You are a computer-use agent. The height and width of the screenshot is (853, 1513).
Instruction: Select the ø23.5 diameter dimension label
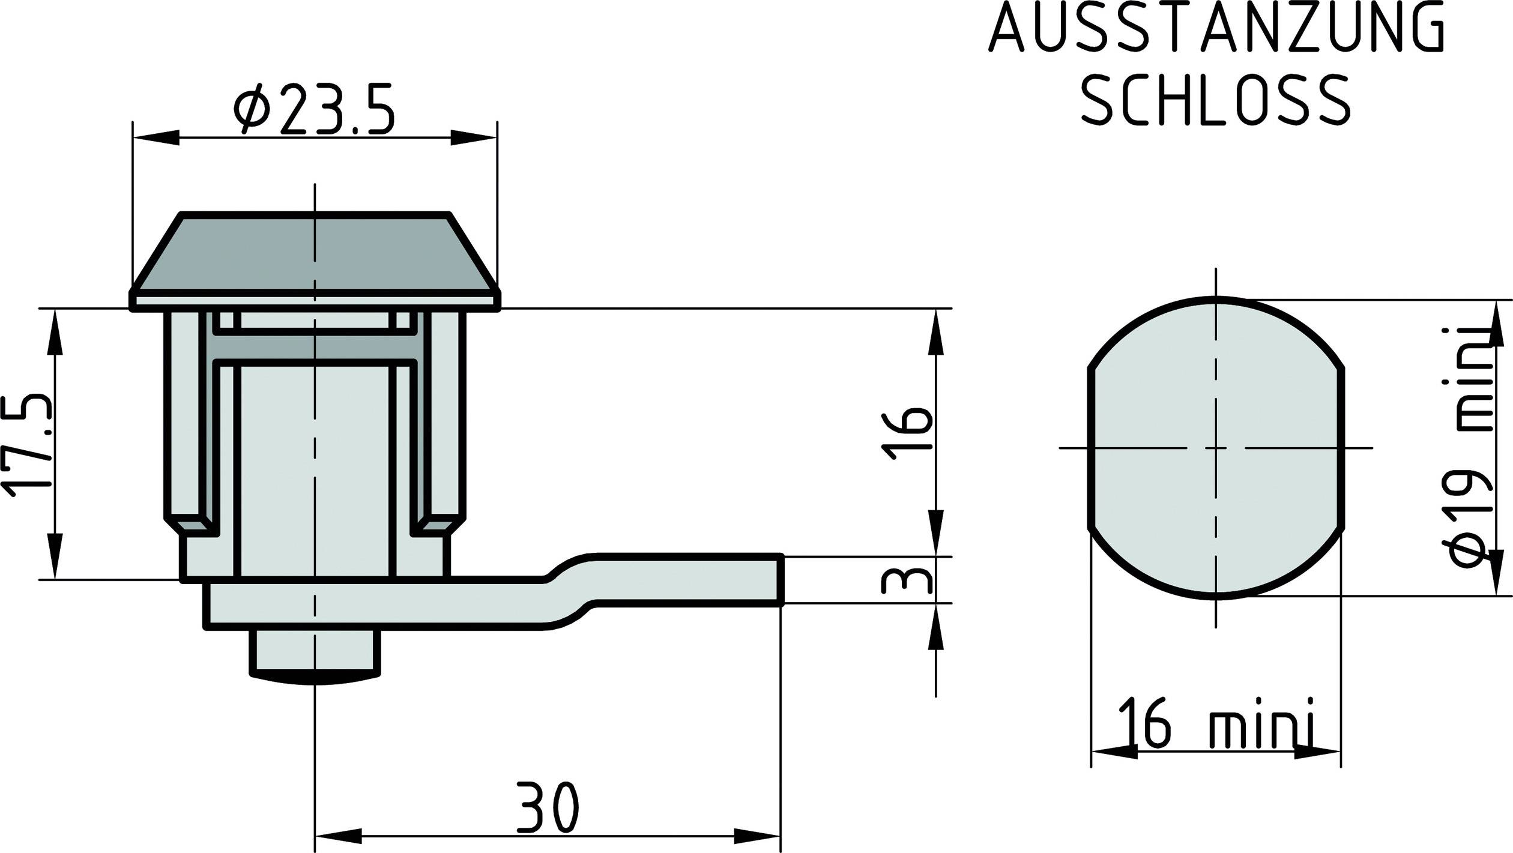point(314,109)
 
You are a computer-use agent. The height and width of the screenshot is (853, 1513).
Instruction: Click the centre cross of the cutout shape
point(1216,448)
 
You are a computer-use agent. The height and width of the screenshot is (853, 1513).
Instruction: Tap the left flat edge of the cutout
point(1090,448)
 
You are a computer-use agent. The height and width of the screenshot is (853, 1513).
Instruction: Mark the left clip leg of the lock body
point(181,420)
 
